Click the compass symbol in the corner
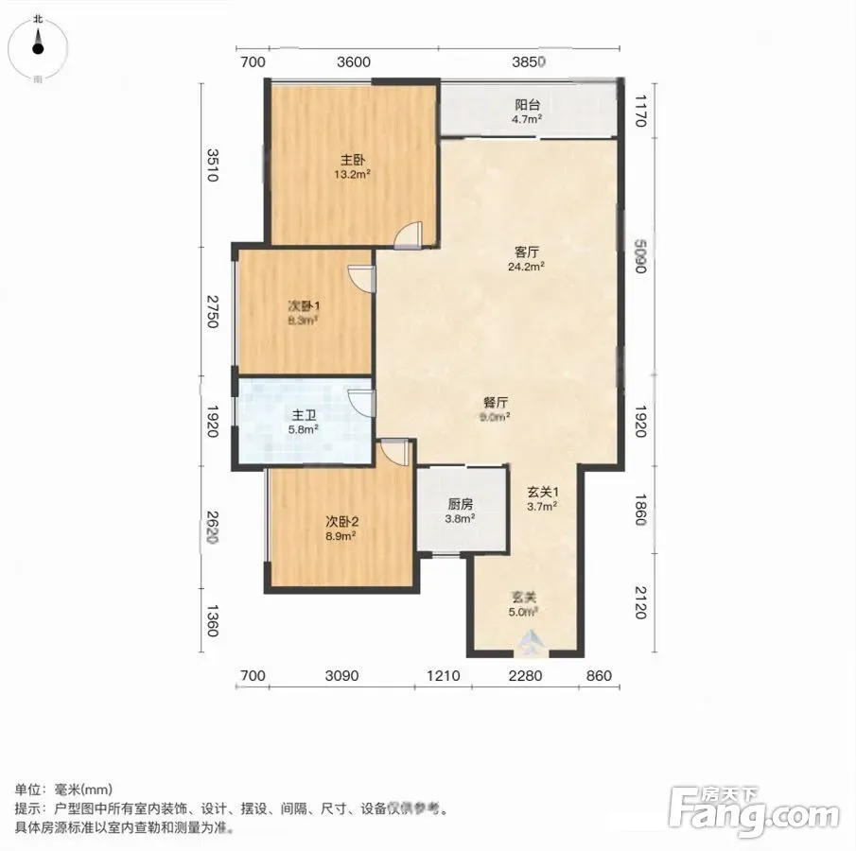pos(38,47)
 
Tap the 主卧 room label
pos(353,160)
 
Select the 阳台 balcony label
pos(528,105)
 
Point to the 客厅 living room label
pos(527,252)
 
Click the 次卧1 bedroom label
pos(304,306)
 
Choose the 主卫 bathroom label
pos(304,416)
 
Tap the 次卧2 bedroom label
pos(341,522)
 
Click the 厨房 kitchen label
pos(461,504)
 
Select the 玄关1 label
pos(543,492)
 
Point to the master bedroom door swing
pos(409,234)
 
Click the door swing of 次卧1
pos(361,278)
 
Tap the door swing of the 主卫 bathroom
pos(361,404)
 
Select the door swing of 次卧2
pos(394,452)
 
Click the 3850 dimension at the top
pos(529,61)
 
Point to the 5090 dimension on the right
pos(641,256)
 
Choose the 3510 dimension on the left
pos(213,165)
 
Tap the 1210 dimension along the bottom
pos(444,676)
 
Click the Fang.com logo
pos(754,811)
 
